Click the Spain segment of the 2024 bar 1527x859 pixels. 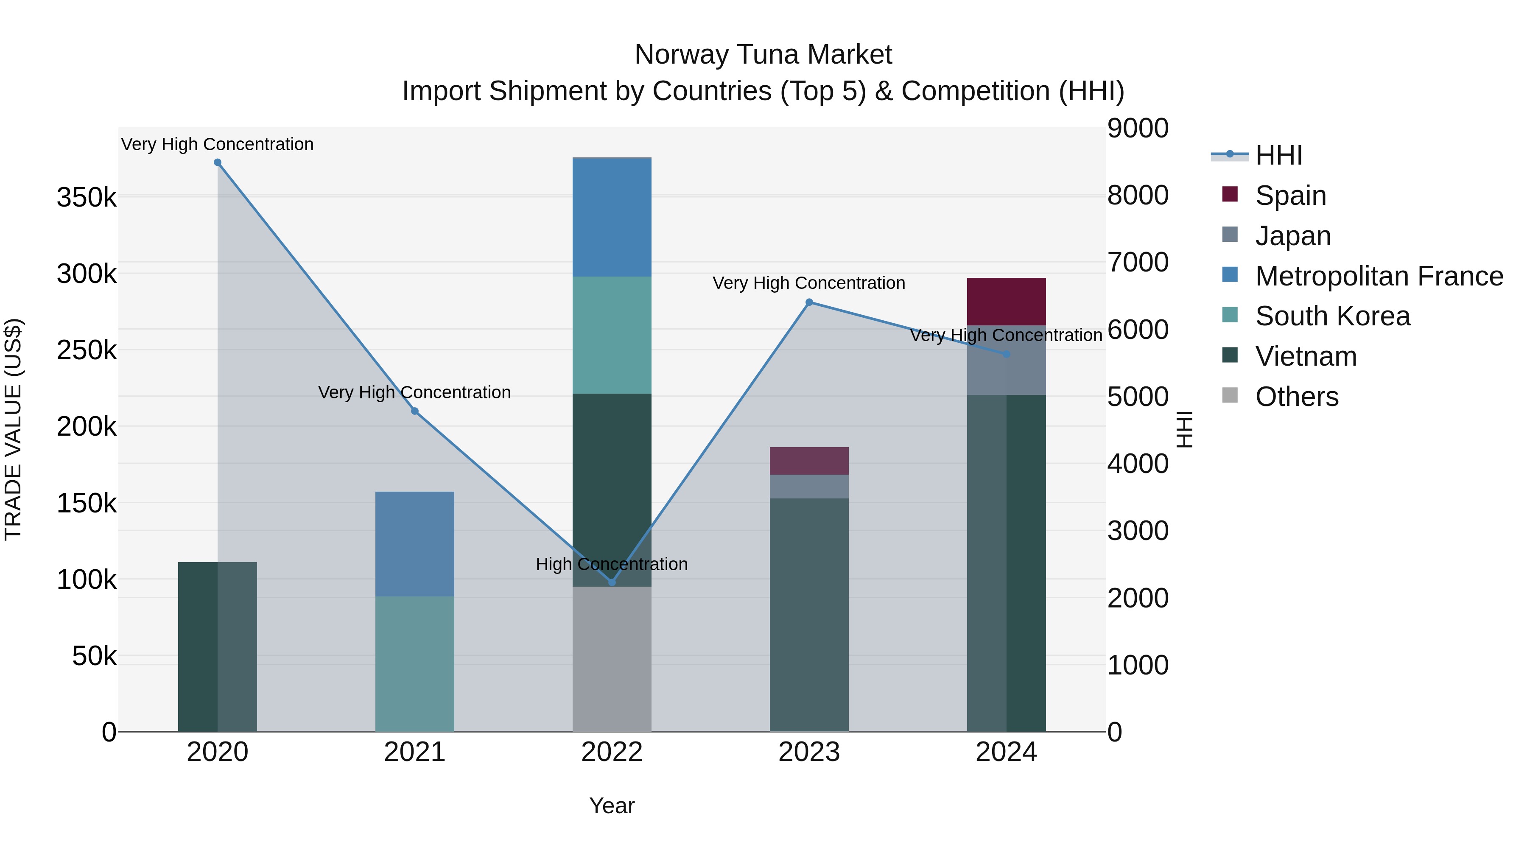tap(1006, 301)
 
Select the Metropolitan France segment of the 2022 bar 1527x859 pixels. tap(612, 217)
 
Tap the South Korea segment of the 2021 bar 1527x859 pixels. tap(414, 663)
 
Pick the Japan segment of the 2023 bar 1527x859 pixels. tap(808, 486)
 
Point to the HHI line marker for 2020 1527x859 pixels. tap(218, 162)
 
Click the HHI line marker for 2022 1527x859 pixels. tap(612, 582)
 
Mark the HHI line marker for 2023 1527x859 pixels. tap(808, 302)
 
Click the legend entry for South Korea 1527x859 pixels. tap(1332, 316)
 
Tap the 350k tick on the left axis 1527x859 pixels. tap(87, 197)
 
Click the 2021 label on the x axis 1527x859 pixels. tap(414, 752)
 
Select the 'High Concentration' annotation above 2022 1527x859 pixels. tap(612, 564)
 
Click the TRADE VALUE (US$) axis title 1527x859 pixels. tap(13, 429)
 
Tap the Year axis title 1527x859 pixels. tap(612, 806)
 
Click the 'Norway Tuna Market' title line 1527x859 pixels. tap(763, 55)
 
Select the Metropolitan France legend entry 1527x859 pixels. tap(1379, 276)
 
